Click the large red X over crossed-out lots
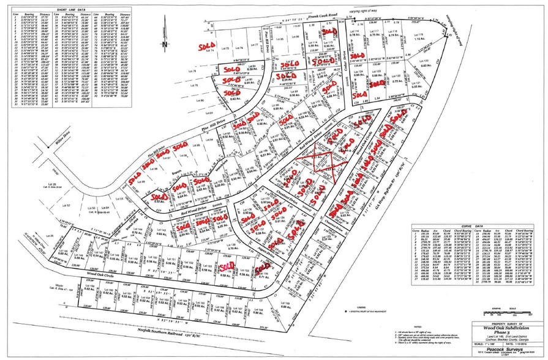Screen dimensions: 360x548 [316, 160]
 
